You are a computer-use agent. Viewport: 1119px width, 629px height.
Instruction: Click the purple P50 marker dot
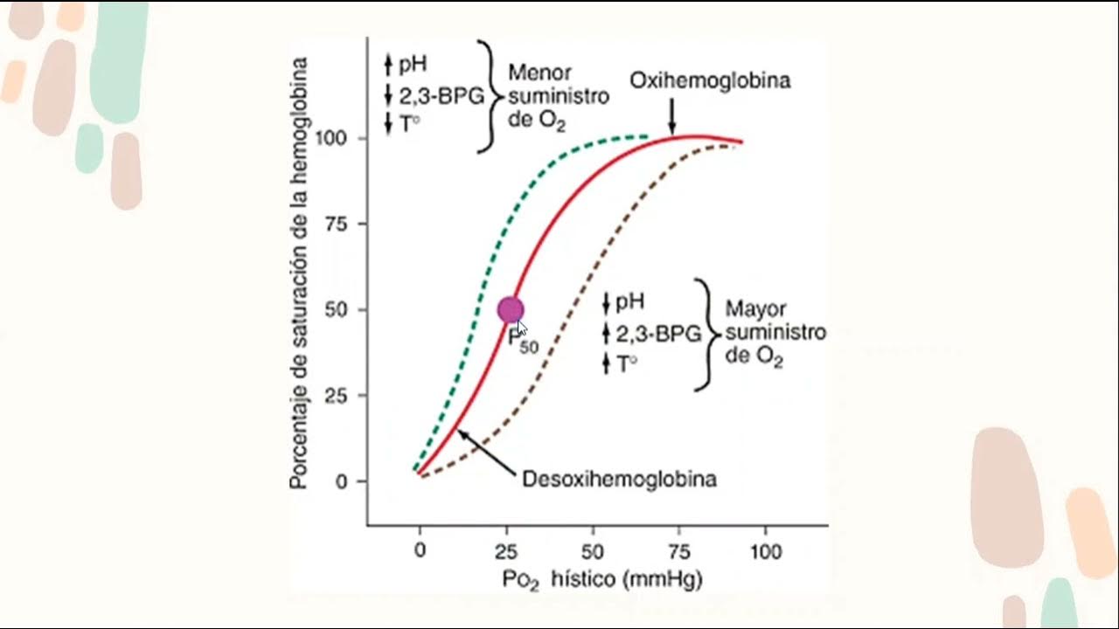(x=511, y=310)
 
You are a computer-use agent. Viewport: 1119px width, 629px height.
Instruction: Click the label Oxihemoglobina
(x=710, y=81)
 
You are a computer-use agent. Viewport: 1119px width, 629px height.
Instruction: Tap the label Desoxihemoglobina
(x=619, y=480)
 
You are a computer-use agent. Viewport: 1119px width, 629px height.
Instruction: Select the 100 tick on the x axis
(x=766, y=552)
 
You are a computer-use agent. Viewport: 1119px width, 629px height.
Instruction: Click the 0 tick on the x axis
(x=420, y=552)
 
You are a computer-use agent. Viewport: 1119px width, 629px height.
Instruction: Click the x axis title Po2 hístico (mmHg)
(x=601, y=579)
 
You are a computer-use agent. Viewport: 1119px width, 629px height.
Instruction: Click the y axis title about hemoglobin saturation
(x=299, y=273)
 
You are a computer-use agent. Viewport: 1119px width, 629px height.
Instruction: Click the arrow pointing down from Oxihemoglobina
(x=671, y=116)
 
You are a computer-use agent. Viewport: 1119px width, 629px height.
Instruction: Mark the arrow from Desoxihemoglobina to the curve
(x=486, y=450)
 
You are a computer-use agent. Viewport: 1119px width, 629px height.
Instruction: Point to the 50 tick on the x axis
(x=593, y=552)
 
